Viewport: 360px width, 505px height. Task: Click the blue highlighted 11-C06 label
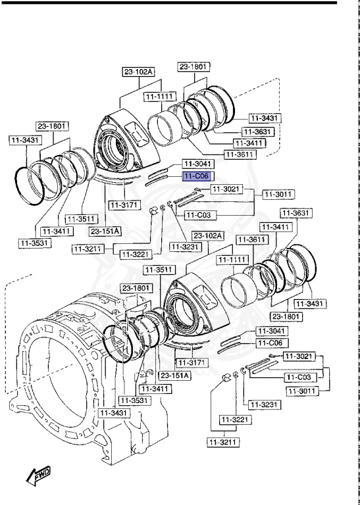point(197,176)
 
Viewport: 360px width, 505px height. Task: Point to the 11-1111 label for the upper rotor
point(159,96)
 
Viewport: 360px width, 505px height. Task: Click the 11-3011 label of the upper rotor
point(278,194)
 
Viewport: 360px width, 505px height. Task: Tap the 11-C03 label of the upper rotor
point(198,214)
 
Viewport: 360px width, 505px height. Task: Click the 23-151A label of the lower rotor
point(174,375)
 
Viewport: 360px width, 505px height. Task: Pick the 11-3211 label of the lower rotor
point(221,442)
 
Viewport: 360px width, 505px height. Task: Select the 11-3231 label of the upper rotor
point(186,247)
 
